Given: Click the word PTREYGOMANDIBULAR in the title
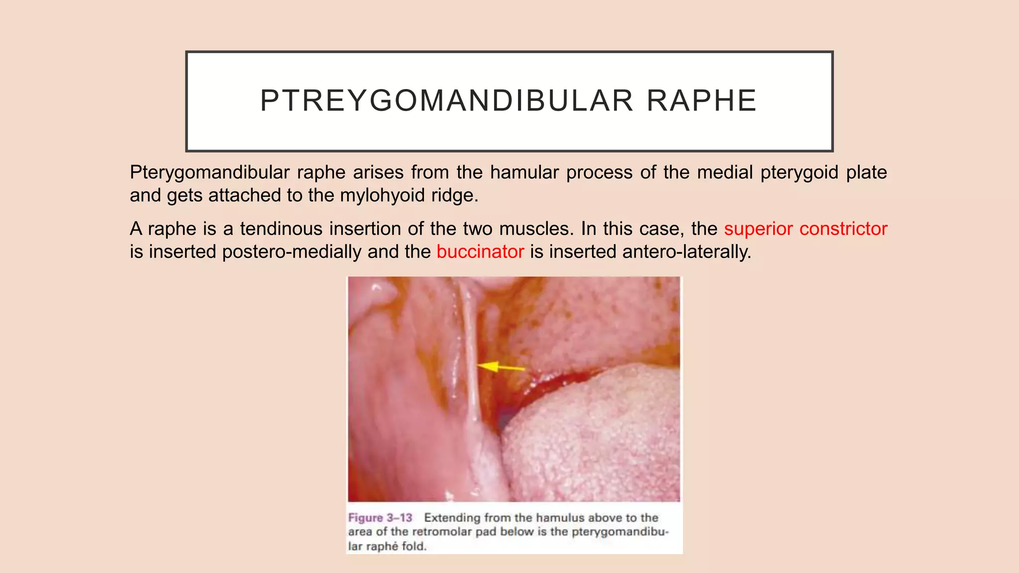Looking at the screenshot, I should (x=446, y=100).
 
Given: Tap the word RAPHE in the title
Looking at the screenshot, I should (x=702, y=100).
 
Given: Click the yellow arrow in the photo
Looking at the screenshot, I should (x=501, y=367).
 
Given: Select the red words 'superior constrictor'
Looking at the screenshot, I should (x=806, y=229).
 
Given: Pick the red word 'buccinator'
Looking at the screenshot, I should (x=480, y=252).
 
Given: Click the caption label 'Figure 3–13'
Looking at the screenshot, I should (x=380, y=518).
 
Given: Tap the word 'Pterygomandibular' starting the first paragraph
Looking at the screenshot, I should (x=209, y=173).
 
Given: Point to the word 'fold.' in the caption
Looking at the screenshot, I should (x=414, y=546).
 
